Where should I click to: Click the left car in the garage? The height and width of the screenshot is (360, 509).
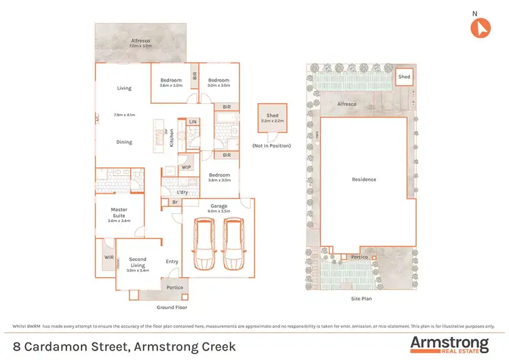tap(203, 244)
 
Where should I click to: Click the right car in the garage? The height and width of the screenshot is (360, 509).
tap(233, 244)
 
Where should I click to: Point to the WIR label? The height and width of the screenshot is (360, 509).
tap(109, 257)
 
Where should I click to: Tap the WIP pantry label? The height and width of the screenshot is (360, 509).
tap(186, 167)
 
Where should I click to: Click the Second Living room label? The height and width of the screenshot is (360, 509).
tap(138, 259)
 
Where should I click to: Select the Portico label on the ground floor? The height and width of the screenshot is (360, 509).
tap(174, 288)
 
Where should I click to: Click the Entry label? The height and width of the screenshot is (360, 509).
tap(172, 262)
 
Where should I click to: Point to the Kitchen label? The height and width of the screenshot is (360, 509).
tap(172, 137)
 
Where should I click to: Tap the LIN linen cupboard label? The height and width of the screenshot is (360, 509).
tap(193, 122)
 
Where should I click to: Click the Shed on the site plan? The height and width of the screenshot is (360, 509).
tap(404, 77)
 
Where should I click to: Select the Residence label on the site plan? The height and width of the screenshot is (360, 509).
tap(364, 179)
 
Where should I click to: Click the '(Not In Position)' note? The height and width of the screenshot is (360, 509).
tap(271, 146)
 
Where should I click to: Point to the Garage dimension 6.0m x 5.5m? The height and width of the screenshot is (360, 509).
tap(219, 211)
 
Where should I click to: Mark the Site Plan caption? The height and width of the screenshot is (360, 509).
tap(360, 298)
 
